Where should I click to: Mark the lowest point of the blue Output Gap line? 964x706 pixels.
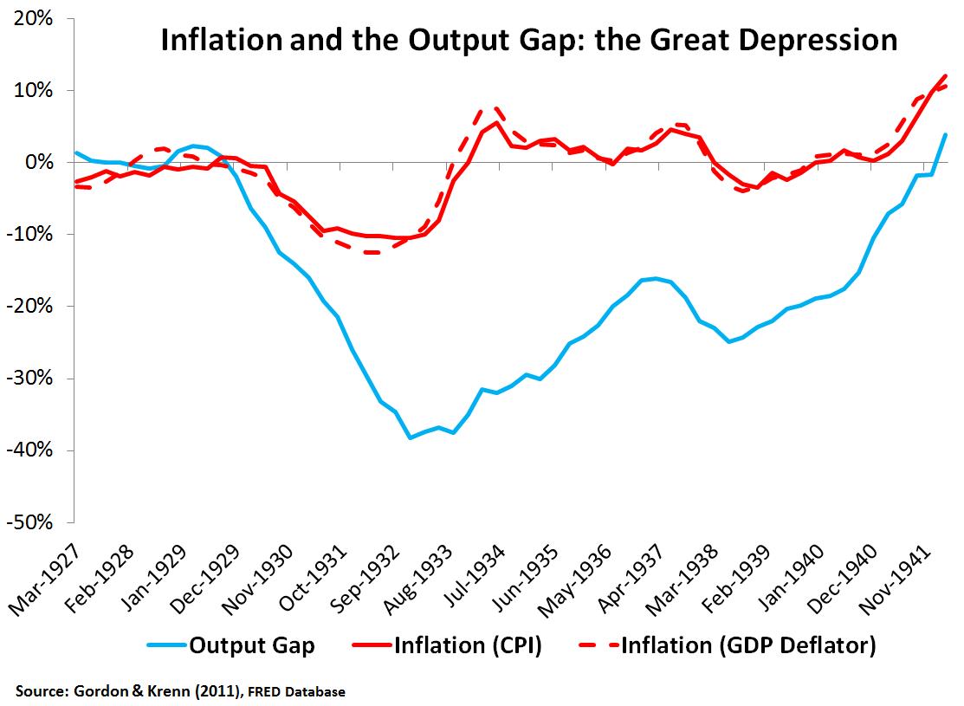411,437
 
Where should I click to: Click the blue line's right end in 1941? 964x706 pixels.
945,134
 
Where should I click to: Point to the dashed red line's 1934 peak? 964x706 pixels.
495,108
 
